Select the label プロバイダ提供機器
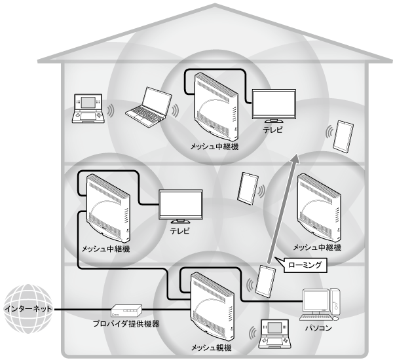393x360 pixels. point(129,324)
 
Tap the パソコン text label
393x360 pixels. point(320,325)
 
